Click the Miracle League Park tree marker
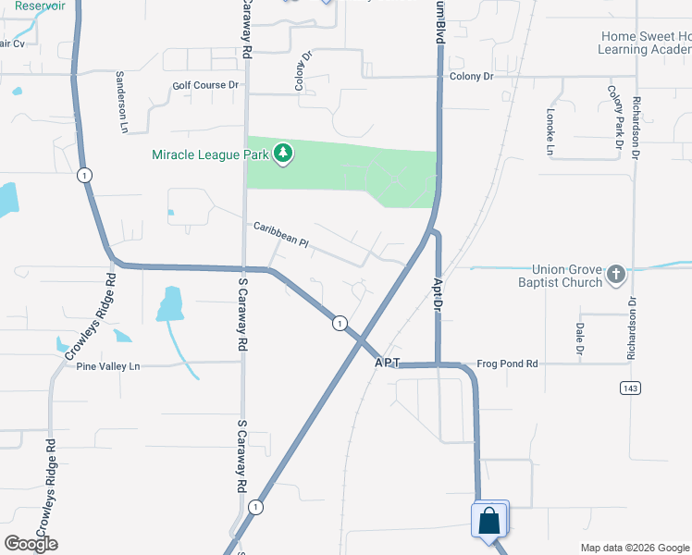click(283, 154)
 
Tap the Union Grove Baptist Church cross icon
click(616, 274)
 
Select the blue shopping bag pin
click(488, 521)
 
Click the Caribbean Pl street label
click(280, 238)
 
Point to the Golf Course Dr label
click(205, 86)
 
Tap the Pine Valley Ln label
click(108, 366)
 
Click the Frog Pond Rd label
click(507, 364)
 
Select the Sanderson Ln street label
click(120, 102)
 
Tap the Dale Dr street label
click(580, 339)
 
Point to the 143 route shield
click(631, 388)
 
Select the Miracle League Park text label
click(210, 154)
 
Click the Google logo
click(31, 544)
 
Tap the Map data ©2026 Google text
click(635, 548)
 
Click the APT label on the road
click(388, 364)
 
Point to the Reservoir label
click(40, 6)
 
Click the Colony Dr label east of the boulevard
click(472, 76)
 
